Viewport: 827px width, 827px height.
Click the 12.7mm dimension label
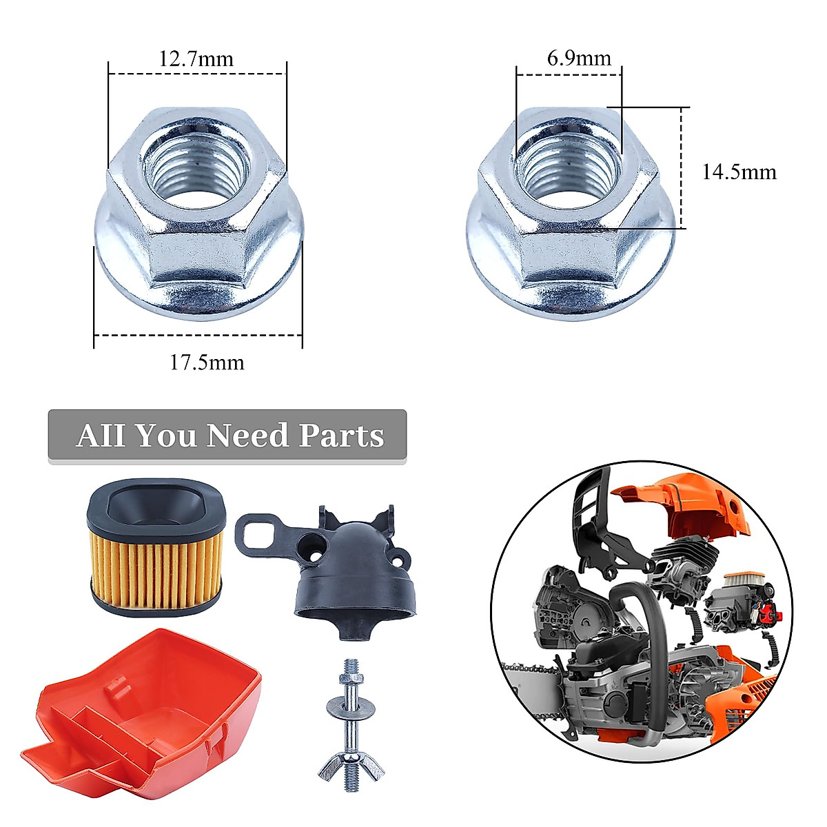[196, 59]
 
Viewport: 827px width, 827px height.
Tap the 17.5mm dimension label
[207, 362]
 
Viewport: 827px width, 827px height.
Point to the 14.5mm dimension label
[739, 172]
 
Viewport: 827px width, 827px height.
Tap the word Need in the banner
[247, 436]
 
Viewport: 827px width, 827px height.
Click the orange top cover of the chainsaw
[682, 507]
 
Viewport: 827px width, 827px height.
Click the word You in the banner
[165, 436]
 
